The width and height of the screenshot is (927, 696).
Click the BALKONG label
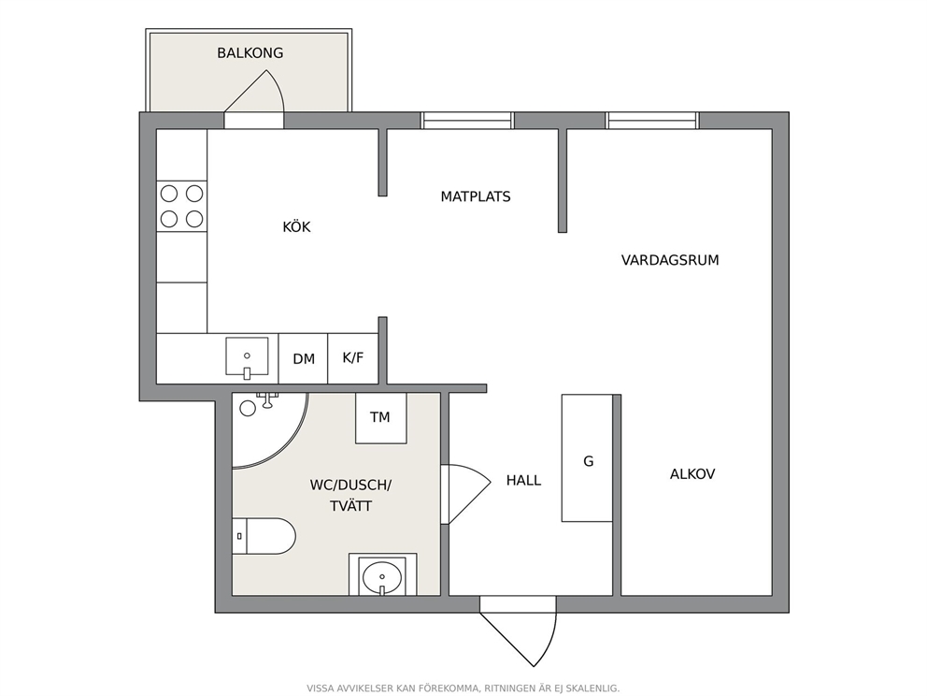tap(250, 52)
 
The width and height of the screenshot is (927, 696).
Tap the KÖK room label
tap(296, 226)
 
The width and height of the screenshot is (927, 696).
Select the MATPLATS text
tap(476, 196)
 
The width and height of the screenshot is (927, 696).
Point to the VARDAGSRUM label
tap(670, 260)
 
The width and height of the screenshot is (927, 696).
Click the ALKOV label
tap(692, 474)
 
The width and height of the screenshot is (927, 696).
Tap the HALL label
tap(523, 480)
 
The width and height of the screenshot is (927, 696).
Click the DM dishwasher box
tap(304, 358)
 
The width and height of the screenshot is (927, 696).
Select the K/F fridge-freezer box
tap(353, 358)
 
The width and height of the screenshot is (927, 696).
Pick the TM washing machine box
tap(380, 418)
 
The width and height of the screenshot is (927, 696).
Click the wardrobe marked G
tap(587, 458)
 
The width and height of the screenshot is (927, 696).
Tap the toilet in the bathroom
tap(264, 536)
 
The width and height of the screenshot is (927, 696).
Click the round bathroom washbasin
tap(382, 576)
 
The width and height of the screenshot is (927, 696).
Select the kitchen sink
tap(247, 356)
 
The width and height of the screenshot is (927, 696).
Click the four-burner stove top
tap(182, 206)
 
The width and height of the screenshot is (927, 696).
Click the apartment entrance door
tap(519, 631)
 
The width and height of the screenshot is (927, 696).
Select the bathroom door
tap(465, 494)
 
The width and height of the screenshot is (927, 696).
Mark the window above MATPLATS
tap(467, 121)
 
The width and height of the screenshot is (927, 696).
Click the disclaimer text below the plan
tap(463, 689)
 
